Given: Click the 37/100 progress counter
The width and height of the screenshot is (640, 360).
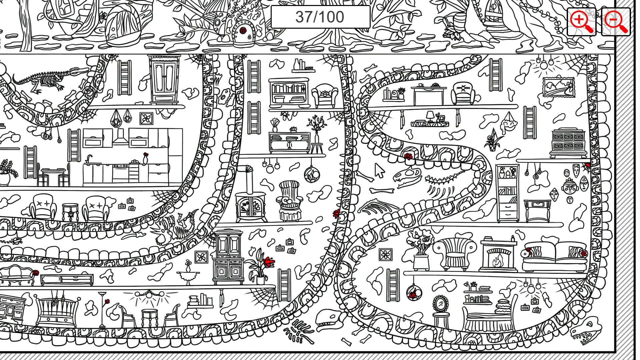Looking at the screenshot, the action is point(320,17).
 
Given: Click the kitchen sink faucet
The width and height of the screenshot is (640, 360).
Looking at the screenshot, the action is point(89,159).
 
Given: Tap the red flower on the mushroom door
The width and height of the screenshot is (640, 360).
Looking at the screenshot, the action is point(243,30).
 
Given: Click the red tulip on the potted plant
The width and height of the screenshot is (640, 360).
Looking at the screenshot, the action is point(269,261).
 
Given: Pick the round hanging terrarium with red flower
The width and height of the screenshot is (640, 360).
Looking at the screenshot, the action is point(413,292).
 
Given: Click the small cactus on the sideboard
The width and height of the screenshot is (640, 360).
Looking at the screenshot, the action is point(293,129).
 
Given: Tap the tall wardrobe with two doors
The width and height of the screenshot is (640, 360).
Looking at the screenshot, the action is point(164,79).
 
